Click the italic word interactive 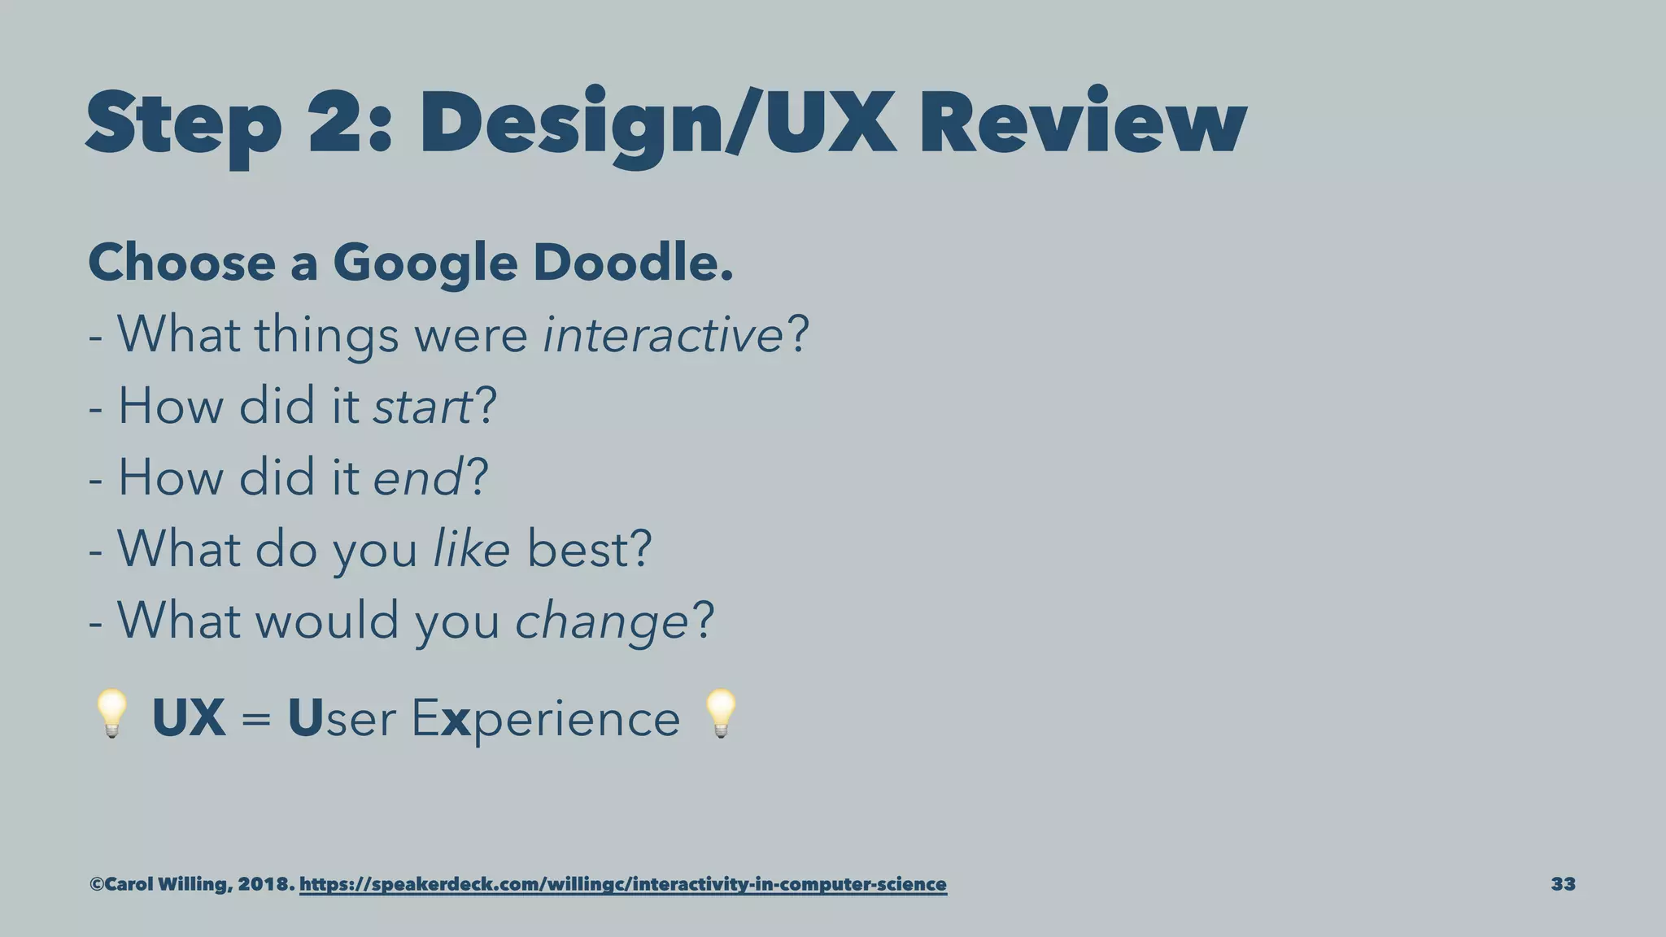point(662,334)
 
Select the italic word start point(422,406)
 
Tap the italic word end point(417,477)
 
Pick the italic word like point(471,549)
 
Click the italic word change point(602,621)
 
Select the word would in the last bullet point(327,621)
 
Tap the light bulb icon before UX point(111,713)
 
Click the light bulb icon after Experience point(721,713)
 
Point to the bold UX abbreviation point(189,717)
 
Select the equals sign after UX point(256,720)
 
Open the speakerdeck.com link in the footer point(623,884)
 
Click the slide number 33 point(1563,884)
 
